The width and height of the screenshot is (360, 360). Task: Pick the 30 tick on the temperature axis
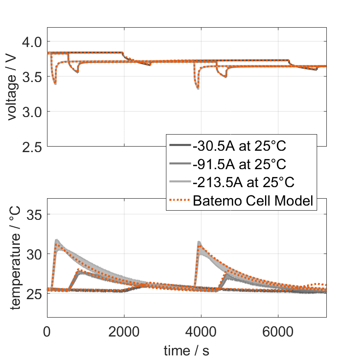pyautogui.click(x=35, y=254)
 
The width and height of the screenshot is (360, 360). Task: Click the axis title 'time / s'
pyautogui.click(x=186, y=351)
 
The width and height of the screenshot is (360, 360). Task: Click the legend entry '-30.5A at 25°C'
pyautogui.click(x=240, y=147)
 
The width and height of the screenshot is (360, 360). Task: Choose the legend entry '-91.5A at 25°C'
pyautogui.click(x=240, y=165)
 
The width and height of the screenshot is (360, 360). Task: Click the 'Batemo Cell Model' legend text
pyautogui.click(x=254, y=201)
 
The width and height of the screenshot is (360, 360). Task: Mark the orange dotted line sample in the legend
pyautogui.click(x=180, y=201)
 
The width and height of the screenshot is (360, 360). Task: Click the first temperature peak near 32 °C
pyautogui.click(x=57, y=240)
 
